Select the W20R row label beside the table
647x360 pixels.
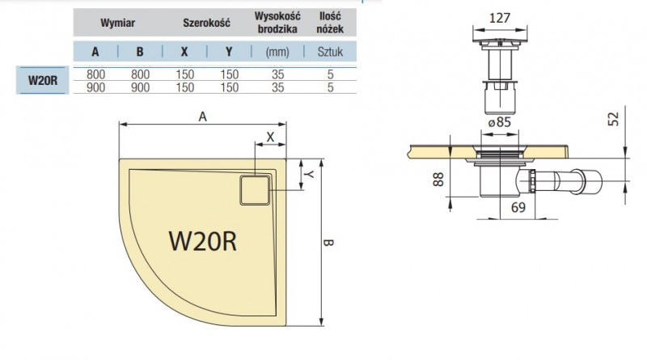[x=42, y=80]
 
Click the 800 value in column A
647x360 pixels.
[x=95, y=74]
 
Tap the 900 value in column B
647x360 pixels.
[x=139, y=87]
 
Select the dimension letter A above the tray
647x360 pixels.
[x=203, y=116]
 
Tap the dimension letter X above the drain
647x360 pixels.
[x=270, y=137]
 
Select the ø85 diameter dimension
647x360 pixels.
[x=499, y=122]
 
